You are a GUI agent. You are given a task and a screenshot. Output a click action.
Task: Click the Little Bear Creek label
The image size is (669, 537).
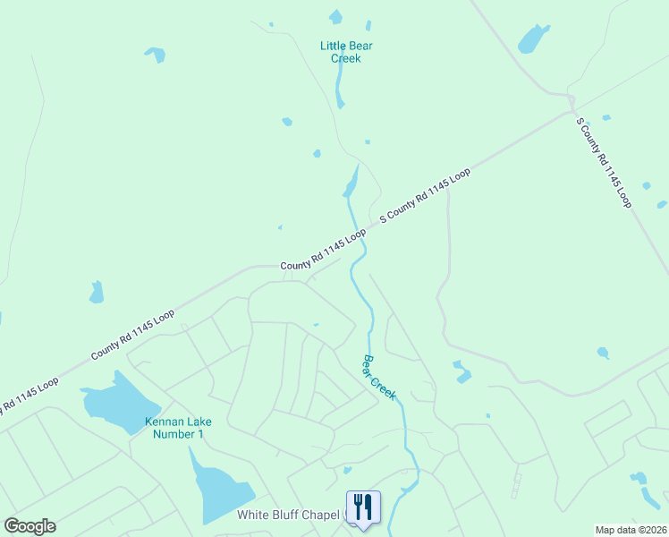tap(340, 52)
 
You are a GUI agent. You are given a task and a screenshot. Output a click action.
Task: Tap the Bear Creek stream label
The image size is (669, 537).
tap(378, 377)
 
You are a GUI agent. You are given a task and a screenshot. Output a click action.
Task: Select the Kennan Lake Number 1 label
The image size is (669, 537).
tap(175, 428)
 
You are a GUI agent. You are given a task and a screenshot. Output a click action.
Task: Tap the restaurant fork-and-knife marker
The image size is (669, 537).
tap(363, 507)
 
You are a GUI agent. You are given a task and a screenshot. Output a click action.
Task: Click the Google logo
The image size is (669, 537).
tap(30, 526)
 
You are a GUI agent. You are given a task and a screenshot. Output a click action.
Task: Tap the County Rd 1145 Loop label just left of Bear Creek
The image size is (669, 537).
tap(323, 250)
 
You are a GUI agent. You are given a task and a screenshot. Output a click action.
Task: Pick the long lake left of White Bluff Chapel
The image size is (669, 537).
tap(219, 489)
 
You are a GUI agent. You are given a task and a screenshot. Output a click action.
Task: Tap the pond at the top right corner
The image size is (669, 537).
tap(533, 38)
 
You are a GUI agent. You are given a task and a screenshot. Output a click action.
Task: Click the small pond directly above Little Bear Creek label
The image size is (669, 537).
tap(335, 16)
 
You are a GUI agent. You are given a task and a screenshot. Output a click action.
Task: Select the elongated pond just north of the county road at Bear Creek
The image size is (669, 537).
tap(351, 183)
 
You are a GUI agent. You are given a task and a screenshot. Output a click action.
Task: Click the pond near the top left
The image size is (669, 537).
tap(157, 55)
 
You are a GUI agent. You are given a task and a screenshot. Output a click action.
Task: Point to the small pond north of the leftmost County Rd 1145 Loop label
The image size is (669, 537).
tap(96, 292)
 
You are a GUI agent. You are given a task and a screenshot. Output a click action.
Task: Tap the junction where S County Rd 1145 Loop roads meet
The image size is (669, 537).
tap(570, 111)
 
